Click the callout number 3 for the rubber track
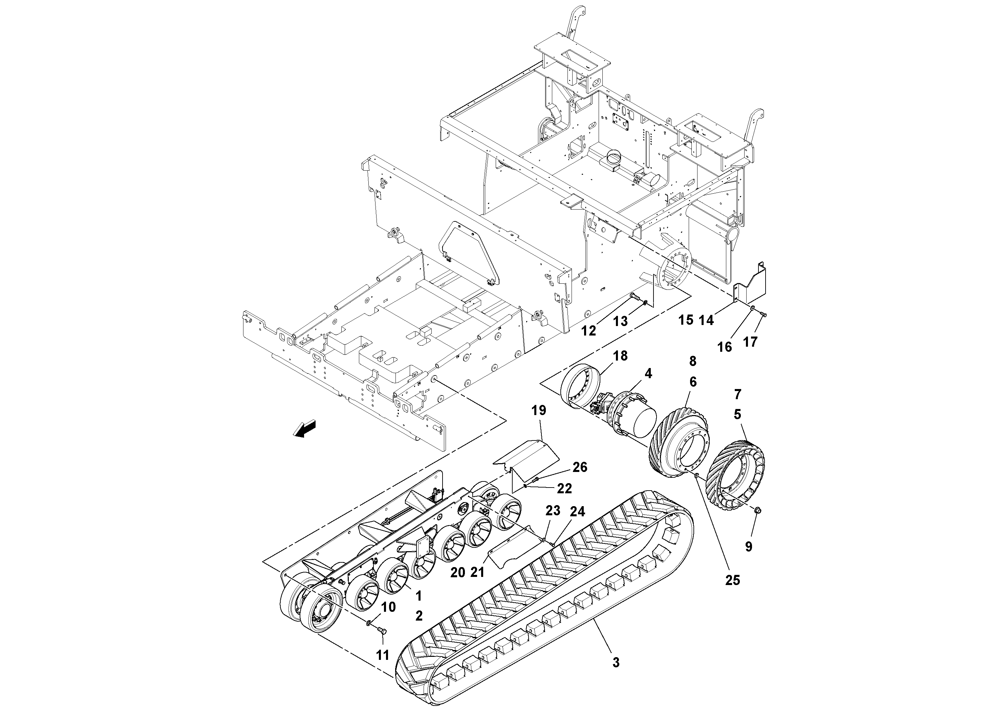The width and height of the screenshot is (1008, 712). pos(616,662)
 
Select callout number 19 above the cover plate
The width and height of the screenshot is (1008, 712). pos(539,410)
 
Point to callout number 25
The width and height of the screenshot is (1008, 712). pos(732,580)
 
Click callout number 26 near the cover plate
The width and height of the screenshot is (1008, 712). pos(580,467)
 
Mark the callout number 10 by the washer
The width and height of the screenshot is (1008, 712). pos(388,607)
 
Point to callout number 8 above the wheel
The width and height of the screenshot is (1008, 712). pos(693,361)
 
